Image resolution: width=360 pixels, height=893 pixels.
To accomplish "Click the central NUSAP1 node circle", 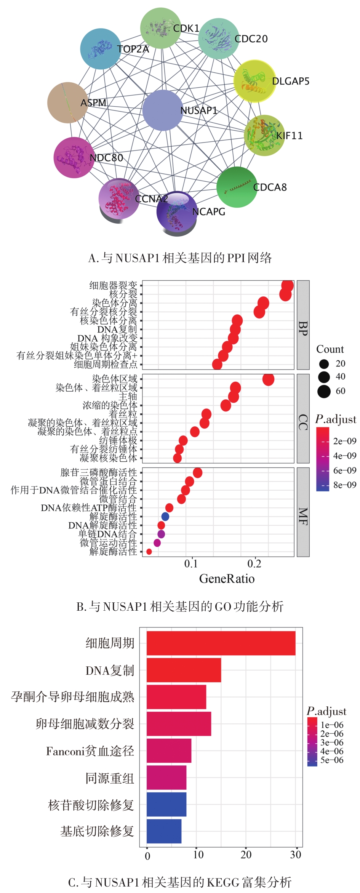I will pyautogui.click(x=163, y=110).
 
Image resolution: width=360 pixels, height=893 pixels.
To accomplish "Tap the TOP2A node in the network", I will pyautogui.click(x=101, y=49).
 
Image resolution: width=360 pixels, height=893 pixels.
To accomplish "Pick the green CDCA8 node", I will pyautogui.click(x=237, y=187).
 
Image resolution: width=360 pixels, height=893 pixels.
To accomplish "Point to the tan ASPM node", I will pyautogui.click(x=68, y=102).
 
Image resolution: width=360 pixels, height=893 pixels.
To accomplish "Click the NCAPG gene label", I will pyautogui.click(x=209, y=212).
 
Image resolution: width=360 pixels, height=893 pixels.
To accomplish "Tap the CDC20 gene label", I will pyautogui.click(x=251, y=39).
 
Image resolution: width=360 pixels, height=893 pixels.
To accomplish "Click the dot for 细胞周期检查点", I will pyautogui.click(x=217, y=365).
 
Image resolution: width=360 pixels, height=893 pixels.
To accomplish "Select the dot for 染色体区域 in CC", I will pyautogui.click(x=268, y=379).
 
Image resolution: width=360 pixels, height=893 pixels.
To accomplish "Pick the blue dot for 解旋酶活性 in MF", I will pyautogui.click(x=165, y=517).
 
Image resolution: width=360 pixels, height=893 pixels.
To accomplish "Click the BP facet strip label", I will pyautogui.click(x=303, y=325).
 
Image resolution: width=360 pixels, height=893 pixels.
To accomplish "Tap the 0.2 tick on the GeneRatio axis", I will pyautogui.click(x=254, y=564).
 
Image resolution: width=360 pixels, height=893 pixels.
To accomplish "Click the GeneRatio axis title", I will pyautogui.click(x=227, y=579).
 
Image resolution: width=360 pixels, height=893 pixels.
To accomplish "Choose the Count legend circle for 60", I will pyautogui.click(x=324, y=391).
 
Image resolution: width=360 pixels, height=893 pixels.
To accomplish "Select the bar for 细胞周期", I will pyautogui.click(x=221, y=643).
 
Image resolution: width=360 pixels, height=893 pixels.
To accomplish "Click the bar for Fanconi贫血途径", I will pyautogui.click(x=169, y=751).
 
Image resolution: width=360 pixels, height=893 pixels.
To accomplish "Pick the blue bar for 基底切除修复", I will pyautogui.click(x=164, y=831).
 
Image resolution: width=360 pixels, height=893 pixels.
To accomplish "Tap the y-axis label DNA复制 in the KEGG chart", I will pyautogui.click(x=110, y=671).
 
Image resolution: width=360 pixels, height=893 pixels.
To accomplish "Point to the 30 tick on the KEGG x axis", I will pyautogui.click(x=296, y=855).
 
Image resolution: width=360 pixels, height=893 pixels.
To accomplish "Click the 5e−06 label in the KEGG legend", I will pyautogui.click(x=332, y=760).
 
